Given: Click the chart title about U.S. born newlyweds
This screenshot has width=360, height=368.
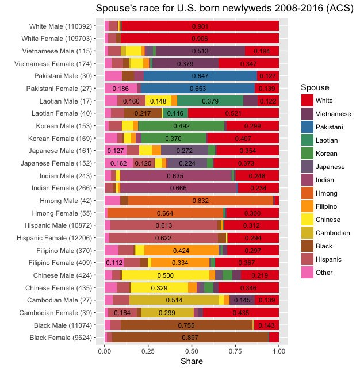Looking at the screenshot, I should pos(224,9).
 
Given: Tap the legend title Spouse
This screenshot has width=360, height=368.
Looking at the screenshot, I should pos(315,87).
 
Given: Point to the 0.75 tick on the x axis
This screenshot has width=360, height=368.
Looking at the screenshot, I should pos(235,350).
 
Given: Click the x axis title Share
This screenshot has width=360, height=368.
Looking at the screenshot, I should pos(192,361).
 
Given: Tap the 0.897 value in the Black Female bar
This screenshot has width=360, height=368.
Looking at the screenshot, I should pos(190,337).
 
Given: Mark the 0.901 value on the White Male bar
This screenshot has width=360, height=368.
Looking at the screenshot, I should pos(200,26).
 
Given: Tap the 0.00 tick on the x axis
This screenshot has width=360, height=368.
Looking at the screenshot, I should pos(105,350).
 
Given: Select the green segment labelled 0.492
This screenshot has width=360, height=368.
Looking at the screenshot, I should pos(181,125).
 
